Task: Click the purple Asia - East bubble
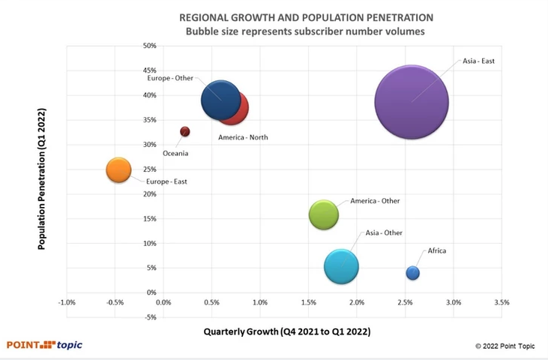412,102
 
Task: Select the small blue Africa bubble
412,273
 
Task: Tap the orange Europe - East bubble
118,170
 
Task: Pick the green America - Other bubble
324,215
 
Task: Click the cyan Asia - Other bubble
341,266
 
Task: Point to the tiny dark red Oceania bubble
184,132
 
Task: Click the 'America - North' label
243,137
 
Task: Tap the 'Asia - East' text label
478,61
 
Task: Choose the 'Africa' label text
437,250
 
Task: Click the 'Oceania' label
175,154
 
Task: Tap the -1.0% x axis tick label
66,302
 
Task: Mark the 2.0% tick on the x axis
356,302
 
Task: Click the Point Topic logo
44,345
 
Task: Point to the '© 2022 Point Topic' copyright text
508,346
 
